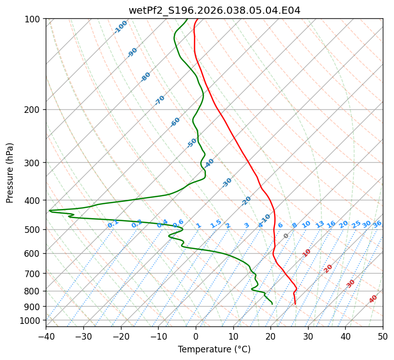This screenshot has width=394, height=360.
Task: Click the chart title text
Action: point(214,10)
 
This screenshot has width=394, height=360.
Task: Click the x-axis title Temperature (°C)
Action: point(214,349)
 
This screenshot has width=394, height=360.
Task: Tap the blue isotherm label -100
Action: point(120,27)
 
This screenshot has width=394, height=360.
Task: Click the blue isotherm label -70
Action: point(160,100)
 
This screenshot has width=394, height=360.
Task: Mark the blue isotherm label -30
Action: point(227,183)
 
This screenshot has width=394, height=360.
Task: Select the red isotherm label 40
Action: point(373,299)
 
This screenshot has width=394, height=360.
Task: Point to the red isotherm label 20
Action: point(328,268)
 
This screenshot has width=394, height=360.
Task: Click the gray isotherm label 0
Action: point(286,236)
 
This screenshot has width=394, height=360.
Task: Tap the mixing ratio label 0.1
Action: point(113,224)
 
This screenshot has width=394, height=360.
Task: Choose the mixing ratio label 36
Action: point(377,224)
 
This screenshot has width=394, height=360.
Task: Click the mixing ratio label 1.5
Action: point(216,223)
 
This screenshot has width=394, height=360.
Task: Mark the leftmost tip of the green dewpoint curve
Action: point(49,211)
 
